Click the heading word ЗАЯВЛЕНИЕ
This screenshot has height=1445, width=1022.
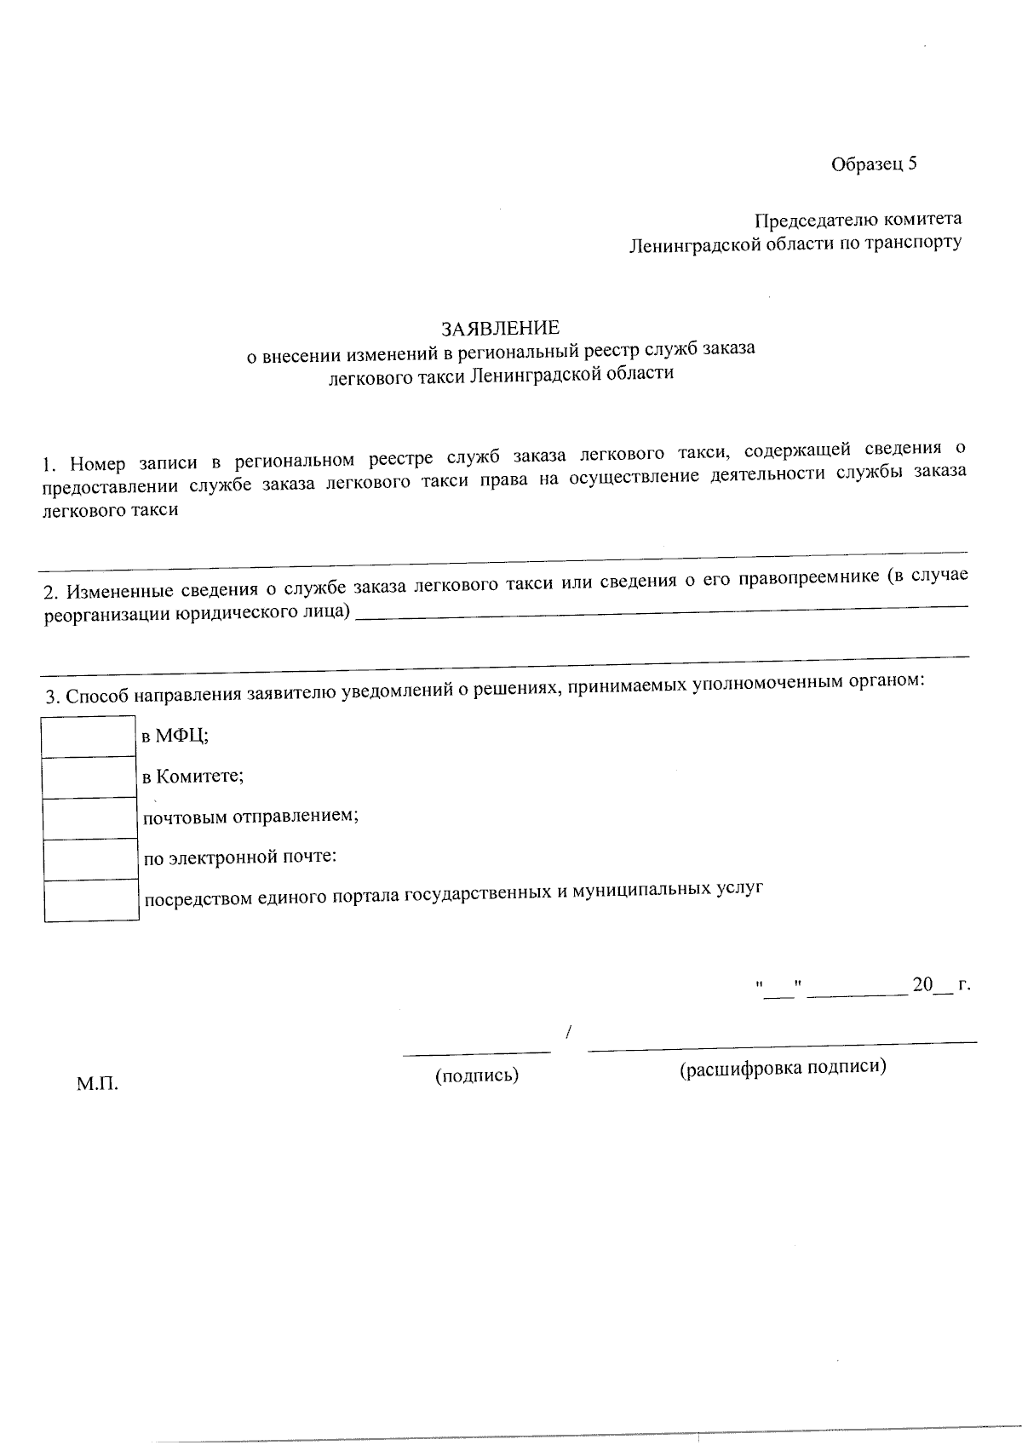point(500,328)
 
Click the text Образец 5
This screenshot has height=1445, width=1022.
point(874,164)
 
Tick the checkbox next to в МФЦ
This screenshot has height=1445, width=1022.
point(89,737)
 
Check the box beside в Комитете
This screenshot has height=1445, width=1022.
point(89,777)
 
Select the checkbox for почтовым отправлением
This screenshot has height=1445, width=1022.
point(89,818)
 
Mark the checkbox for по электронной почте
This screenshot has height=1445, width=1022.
point(89,859)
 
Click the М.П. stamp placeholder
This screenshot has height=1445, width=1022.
point(97,1084)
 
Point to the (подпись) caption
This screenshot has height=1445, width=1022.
point(477,1075)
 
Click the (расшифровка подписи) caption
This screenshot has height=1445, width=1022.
point(783,1067)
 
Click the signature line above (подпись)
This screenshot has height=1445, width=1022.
point(476,1053)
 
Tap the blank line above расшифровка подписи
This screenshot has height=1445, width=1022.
point(782,1044)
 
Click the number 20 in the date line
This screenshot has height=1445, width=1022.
point(922,984)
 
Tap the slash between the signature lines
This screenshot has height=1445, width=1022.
point(567,1033)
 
